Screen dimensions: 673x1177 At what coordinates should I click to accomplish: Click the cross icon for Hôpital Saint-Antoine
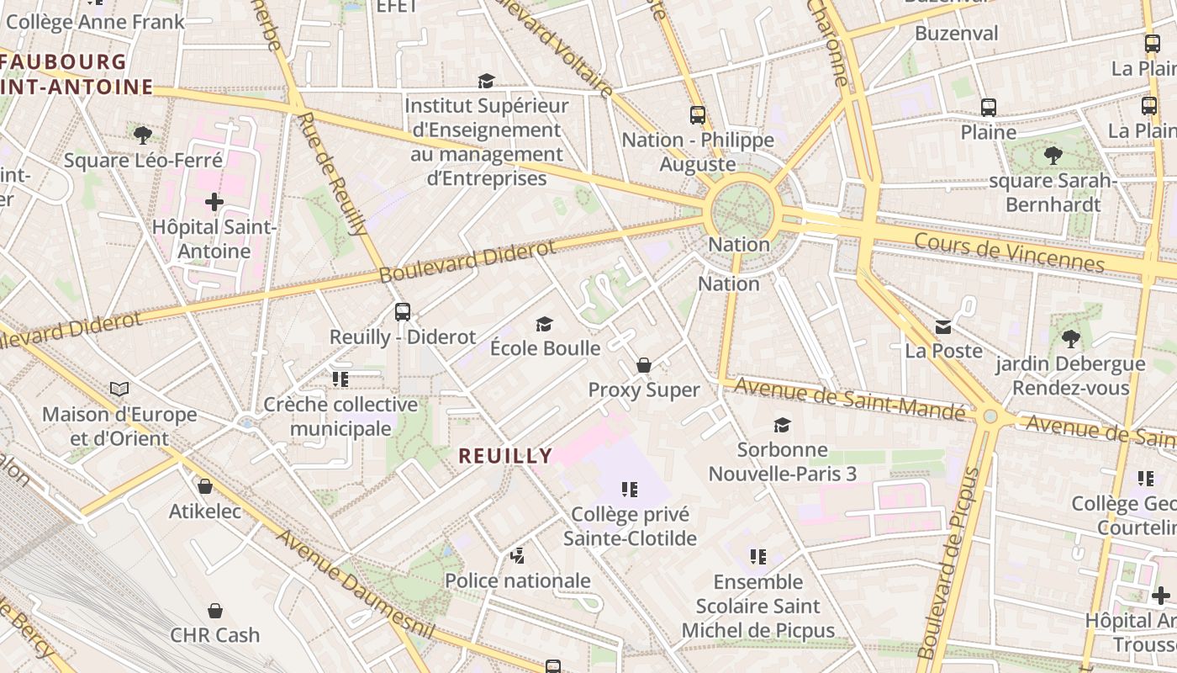pyautogui.click(x=214, y=202)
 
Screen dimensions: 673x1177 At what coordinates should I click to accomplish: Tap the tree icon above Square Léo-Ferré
pyautogui.click(x=143, y=135)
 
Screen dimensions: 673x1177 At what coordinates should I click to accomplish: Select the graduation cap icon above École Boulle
pyautogui.click(x=545, y=324)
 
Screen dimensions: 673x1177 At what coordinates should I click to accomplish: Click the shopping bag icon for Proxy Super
pyautogui.click(x=644, y=365)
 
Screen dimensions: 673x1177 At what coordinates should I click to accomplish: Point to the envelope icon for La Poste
pyautogui.click(x=943, y=326)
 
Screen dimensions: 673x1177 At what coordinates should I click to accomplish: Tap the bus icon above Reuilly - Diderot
pyautogui.click(x=403, y=312)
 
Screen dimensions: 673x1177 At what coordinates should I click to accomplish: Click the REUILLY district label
pyautogui.click(x=505, y=456)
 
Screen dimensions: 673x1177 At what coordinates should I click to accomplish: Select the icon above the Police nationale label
pyautogui.click(x=518, y=555)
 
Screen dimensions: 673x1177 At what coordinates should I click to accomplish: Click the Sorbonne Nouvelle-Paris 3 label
pyautogui.click(x=782, y=462)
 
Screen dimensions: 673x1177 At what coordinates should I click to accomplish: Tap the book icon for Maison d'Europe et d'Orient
pyautogui.click(x=119, y=389)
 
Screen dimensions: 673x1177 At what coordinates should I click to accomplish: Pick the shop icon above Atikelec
pyautogui.click(x=204, y=486)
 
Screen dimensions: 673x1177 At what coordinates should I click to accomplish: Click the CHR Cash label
pyautogui.click(x=215, y=635)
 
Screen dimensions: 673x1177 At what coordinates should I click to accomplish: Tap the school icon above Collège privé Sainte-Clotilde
pyautogui.click(x=629, y=489)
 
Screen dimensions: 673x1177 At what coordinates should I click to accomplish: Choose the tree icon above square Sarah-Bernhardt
pyautogui.click(x=1053, y=156)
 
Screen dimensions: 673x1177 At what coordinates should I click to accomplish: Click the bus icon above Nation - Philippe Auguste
pyautogui.click(x=698, y=115)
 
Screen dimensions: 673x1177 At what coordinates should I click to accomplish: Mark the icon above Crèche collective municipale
pyautogui.click(x=340, y=379)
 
